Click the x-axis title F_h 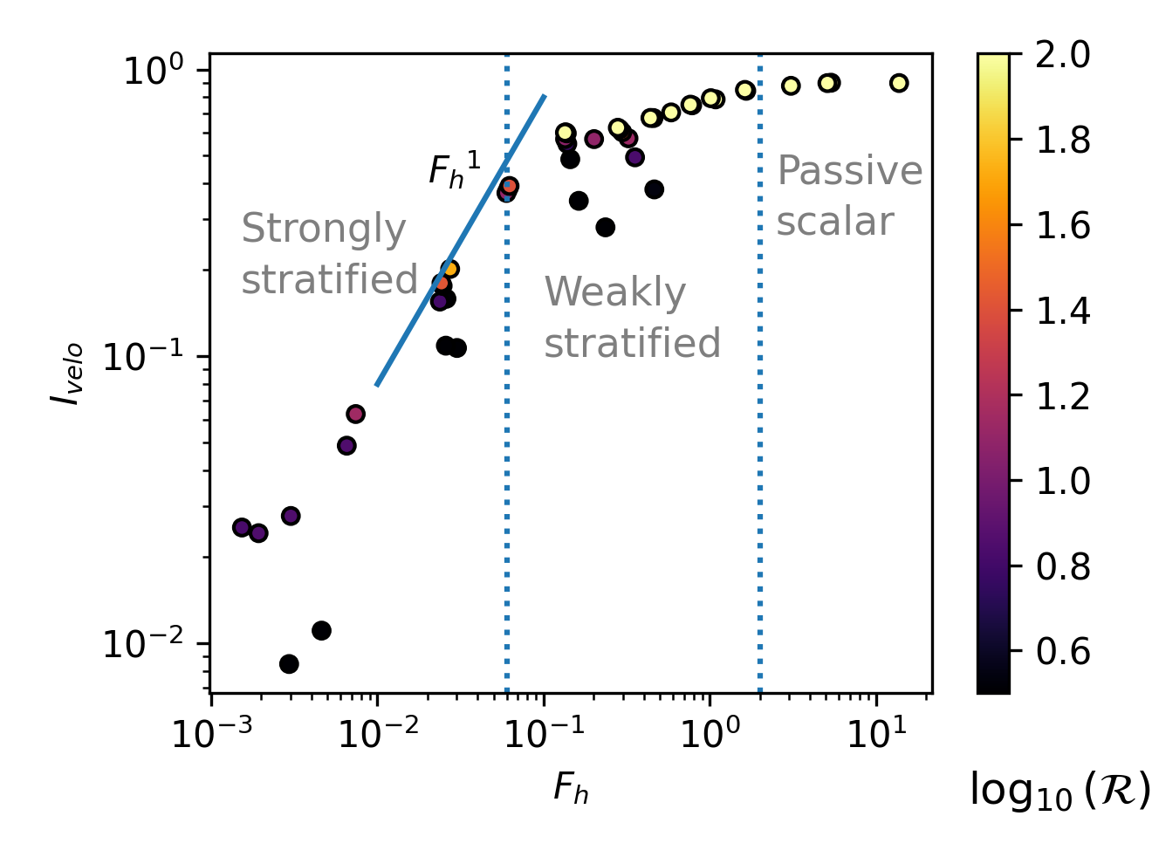click(x=571, y=788)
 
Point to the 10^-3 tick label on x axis click(x=210, y=735)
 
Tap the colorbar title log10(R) click(x=1059, y=791)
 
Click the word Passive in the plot click(x=849, y=171)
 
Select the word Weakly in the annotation click(x=615, y=292)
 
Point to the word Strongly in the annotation click(x=323, y=230)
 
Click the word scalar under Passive click(x=835, y=222)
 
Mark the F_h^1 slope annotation click(x=454, y=170)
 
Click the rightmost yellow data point click(x=899, y=83)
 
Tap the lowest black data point click(x=289, y=664)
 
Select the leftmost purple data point click(x=242, y=527)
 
